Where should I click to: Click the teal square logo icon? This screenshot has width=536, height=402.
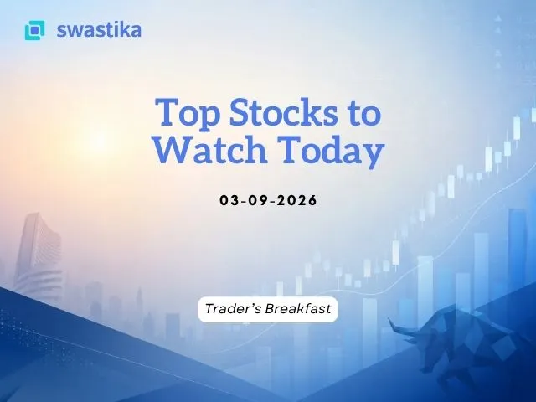click(34, 30)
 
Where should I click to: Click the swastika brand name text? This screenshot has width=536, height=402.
click(99, 30)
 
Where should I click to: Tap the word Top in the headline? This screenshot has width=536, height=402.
click(188, 112)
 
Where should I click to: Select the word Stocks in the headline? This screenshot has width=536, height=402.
click(283, 111)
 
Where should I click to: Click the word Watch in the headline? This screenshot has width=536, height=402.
click(210, 149)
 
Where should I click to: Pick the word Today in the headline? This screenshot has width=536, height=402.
click(331, 151)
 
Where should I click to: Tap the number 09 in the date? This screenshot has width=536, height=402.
click(258, 200)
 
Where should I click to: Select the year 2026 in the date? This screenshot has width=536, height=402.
click(297, 200)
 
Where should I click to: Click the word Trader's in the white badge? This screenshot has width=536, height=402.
click(234, 309)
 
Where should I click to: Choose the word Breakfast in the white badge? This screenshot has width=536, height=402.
click(298, 309)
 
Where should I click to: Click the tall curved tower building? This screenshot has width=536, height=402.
click(39, 255)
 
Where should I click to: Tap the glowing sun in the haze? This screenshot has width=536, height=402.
click(100, 140)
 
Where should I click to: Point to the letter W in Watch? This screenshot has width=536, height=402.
click(173, 149)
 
